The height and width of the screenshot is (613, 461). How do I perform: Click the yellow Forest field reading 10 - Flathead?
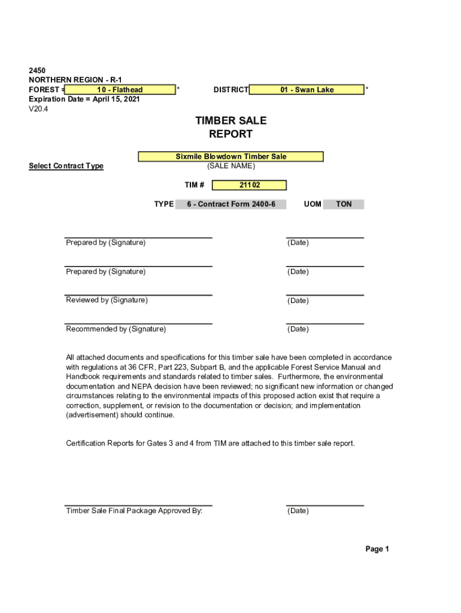click(x=120, y=90)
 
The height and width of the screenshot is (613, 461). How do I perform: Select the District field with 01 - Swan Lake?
click(x=307, y=90)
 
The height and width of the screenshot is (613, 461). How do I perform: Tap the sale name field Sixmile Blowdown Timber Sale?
click(x=230, y=157)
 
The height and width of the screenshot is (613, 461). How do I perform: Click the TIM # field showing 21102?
click(x=249, y=186)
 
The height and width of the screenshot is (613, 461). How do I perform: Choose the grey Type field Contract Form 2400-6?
click(x=230, y=204)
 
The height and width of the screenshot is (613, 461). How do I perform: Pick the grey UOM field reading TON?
click(x=343, y=204)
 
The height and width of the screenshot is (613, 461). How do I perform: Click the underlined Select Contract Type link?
click(x=66, y=166)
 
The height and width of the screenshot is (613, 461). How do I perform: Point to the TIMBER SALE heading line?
click(x=230, y=121)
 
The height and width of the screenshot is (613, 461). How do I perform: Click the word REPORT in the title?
click(x=230, y=134)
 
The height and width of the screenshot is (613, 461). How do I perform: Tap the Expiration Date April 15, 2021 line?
click(x=84, y=99)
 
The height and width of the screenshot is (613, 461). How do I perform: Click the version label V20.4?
click(x=40, y=109)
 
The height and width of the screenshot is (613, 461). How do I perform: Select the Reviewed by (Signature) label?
click(x=107, y=300)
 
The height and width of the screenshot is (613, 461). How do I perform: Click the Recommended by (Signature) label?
click(x=116, y=329)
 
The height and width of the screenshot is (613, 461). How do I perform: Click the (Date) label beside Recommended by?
click(x=298, y=329)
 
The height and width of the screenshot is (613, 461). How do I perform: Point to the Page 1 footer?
click(x=377, y=549)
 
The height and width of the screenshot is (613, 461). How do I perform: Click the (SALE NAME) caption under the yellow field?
click(x=230, y=166)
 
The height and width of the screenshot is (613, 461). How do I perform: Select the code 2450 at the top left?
click(x=38, y=71)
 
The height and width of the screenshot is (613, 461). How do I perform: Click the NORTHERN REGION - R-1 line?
click(x=75, y=80)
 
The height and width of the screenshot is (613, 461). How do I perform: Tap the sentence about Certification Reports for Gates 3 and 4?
click(x=210, y=444)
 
